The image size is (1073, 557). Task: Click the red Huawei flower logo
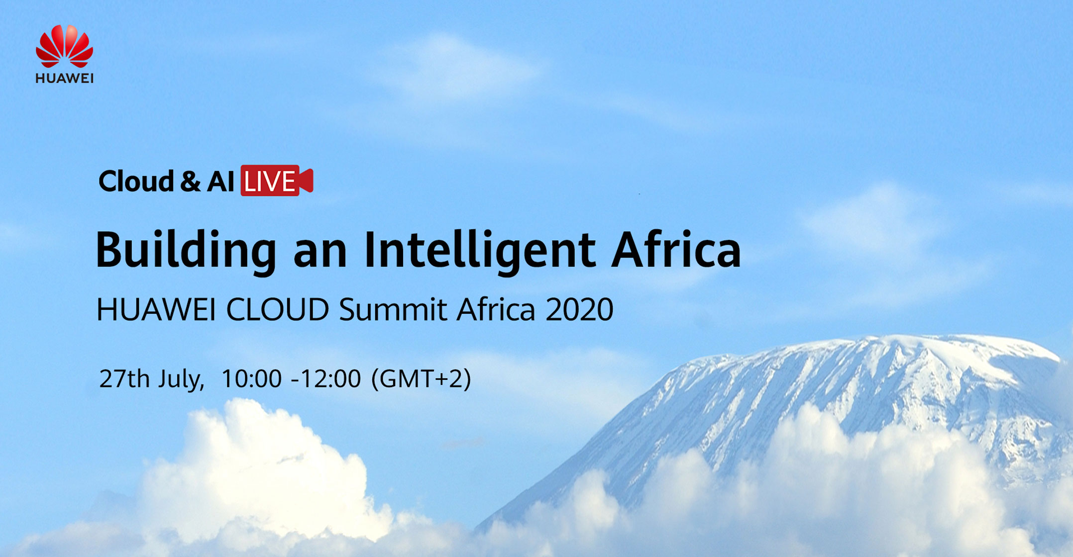64,46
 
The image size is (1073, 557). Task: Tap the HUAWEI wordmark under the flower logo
64,79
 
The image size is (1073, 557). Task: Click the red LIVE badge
277,181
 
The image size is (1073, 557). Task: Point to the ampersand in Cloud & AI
190,181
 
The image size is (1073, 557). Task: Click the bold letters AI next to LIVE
220,181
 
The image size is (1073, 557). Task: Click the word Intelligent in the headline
479,250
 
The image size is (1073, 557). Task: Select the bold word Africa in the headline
676,249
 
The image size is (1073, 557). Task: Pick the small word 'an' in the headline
320,255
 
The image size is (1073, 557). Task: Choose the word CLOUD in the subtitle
278,309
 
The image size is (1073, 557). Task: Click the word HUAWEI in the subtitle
156,309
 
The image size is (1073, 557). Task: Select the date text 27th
124,378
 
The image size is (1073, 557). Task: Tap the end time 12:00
330,379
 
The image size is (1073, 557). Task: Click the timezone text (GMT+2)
421,379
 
